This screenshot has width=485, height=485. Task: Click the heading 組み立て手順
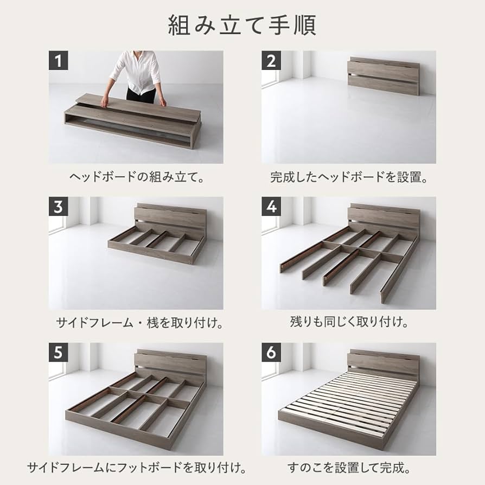pos(242,25)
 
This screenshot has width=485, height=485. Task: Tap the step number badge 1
pos(59,61)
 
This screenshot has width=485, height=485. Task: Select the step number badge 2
pos(271,61)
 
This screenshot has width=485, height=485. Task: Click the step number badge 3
pos(59,207)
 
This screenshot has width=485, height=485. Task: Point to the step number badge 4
pos(271,207)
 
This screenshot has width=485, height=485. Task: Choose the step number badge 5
pos(59,353)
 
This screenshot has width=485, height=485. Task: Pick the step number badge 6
pos(271,353)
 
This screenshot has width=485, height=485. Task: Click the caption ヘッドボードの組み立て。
pos(136,177)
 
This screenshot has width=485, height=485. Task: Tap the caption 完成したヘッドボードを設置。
pos(348,177)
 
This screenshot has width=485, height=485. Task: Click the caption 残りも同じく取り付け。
pos(348,323)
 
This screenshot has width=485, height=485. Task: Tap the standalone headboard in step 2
pos(383,75)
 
